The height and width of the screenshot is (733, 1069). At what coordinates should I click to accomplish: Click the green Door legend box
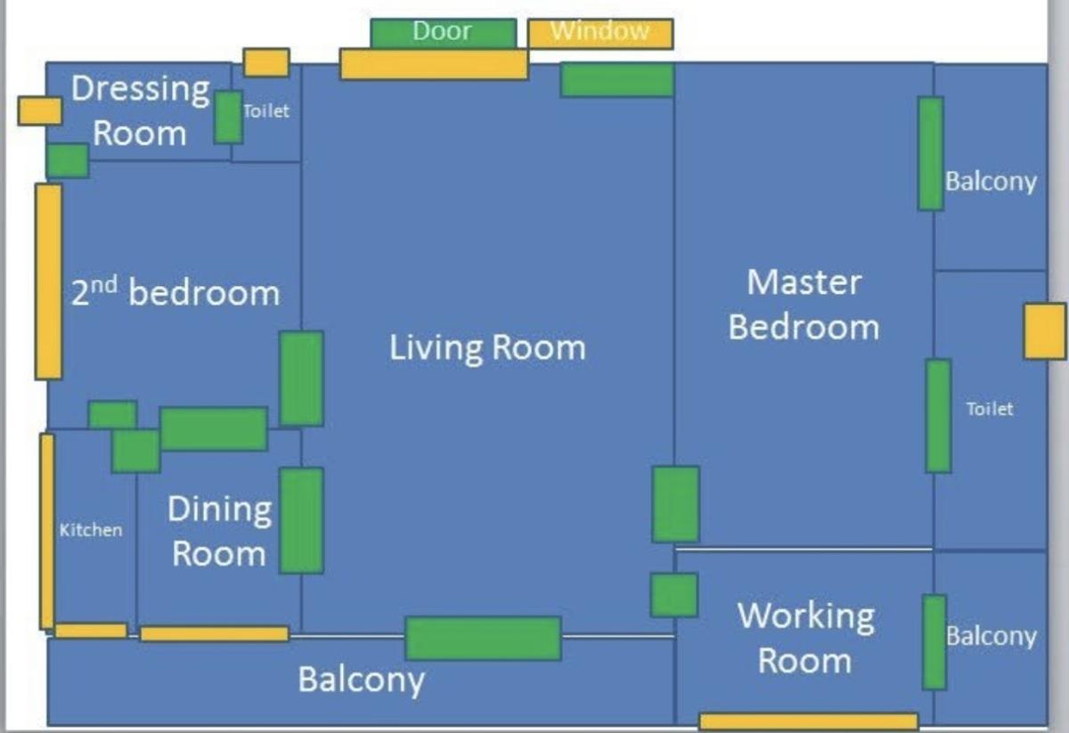tap(444, 33)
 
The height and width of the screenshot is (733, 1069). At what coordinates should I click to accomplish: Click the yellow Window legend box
tap(600, 34)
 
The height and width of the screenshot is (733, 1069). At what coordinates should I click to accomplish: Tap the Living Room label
tap(487, 347)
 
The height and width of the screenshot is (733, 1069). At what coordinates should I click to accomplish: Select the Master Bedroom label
tap(804, 305)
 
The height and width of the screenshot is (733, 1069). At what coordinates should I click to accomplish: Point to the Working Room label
tap(805, 638)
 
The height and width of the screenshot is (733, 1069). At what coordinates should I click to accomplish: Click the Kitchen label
tap(91, 530)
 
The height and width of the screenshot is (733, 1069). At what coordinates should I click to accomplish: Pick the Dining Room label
tap(219, 531)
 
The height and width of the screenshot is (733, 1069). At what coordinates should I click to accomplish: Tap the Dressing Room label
tap(141, 110)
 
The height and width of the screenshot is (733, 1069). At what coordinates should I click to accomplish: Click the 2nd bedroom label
tap(175, 291)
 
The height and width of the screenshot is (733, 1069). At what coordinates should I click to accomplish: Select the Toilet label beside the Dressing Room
tap(266, 111)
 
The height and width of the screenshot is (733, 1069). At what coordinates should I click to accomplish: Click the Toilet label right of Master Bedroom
tap(990, 409)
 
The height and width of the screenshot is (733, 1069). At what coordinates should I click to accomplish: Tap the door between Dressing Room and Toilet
tap(228, 118)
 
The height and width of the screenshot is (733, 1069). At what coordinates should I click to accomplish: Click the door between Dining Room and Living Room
tap(301, 520)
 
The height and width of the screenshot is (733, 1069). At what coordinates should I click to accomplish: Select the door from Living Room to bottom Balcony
tap(483, 639)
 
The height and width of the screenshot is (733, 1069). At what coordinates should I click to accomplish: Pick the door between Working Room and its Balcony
tap(934, 642)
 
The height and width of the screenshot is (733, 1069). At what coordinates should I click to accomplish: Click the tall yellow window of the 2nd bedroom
tap(48, 281)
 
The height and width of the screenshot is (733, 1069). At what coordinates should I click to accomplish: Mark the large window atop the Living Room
tap(435, 64)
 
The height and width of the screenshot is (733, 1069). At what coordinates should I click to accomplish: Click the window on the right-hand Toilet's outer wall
tap(1045, 331)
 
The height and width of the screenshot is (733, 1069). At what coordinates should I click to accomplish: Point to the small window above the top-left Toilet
tap(266, 62)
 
